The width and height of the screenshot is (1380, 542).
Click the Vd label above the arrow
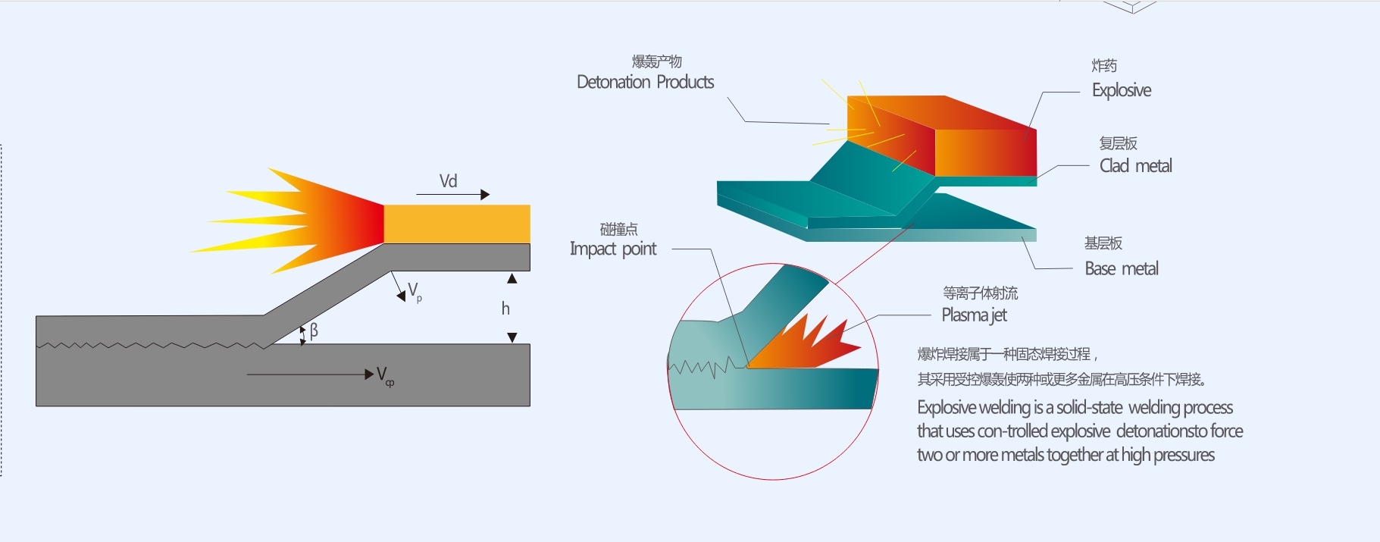448,181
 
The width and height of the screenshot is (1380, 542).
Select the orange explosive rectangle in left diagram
456,224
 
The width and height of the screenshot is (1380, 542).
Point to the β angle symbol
314,331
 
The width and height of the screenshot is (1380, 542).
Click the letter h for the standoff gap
505,309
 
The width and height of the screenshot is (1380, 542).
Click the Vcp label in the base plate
385,375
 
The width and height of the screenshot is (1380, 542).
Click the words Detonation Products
645,82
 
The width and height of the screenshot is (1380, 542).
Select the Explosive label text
1121,90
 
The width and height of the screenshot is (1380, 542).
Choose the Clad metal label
1135,166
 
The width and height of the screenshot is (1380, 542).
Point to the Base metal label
1122,268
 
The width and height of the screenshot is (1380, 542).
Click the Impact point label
613,249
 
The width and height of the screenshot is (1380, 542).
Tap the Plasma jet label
974,315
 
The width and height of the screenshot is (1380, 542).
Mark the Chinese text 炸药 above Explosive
1104,66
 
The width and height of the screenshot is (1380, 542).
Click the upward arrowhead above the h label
512,279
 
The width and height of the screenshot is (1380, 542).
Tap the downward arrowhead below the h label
512,337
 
